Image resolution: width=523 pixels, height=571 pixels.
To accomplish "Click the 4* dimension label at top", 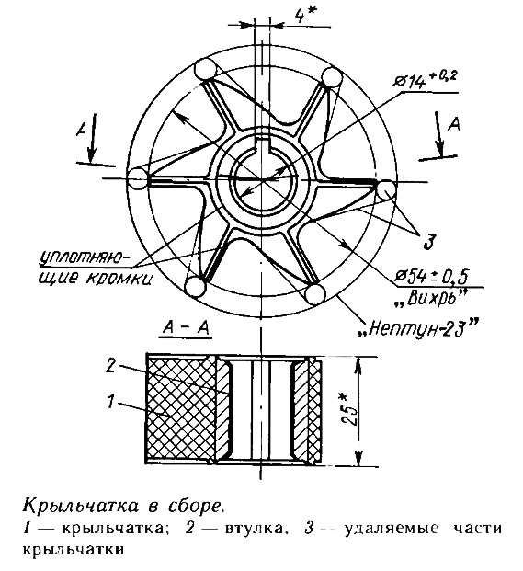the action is click(x=301, y=15).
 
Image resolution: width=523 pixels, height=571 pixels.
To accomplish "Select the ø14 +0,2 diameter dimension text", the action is click(x=425, y=79).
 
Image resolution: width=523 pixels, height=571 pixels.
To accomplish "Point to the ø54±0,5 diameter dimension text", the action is click(x=432, y=276).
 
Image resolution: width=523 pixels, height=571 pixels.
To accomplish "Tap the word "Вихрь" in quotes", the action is click(x=430, y=298).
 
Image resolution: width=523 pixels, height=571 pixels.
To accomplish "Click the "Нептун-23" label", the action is click(x=418, y=327).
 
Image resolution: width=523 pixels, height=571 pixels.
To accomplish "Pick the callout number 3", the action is click(x=429, y=242).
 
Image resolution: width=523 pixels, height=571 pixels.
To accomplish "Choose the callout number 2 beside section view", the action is click(x=110, y=365).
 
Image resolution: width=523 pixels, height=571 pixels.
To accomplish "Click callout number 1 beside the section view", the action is click(x=111, y=401).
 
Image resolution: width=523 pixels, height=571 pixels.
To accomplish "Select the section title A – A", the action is click(x=186, y=328).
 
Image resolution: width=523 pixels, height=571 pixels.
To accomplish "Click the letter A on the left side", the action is click(x=82, y=130).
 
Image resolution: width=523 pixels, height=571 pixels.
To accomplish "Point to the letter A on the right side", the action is click(x=454, y=124).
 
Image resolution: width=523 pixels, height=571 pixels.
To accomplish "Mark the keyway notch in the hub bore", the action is click(x=262, y=143).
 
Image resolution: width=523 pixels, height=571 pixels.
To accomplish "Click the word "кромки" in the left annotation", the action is click(x=119, y=279).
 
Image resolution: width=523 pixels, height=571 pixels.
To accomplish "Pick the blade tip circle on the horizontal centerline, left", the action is click(x=138, y=178).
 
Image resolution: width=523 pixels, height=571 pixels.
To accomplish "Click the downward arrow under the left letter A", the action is click(x=90, y=138).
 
